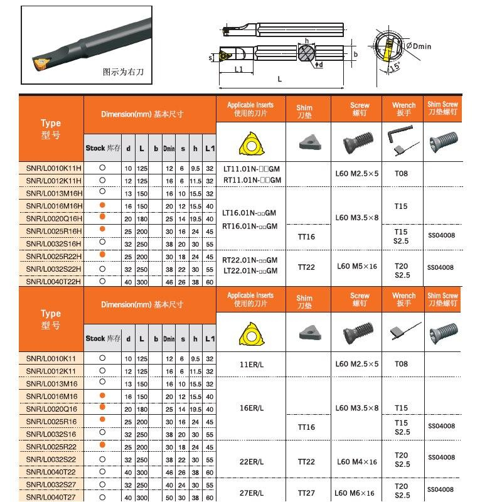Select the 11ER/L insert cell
(252, 364)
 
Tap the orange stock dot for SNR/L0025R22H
(102, 255)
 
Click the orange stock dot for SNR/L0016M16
(102, 395)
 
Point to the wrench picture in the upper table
(402, 140)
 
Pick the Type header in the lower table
(51, 319)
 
